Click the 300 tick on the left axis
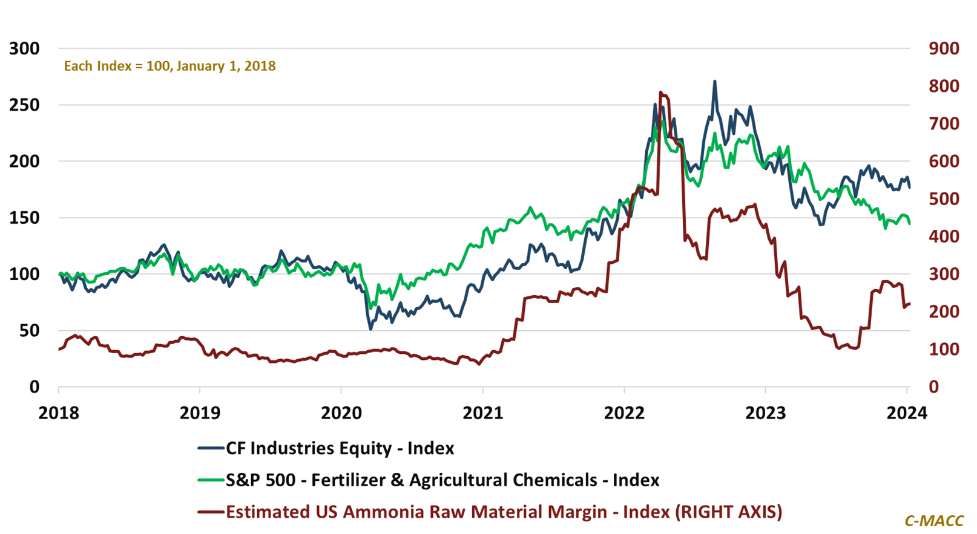[x=24, y=49]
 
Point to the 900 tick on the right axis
[x=944, y=49]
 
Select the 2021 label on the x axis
[x=482, y=413]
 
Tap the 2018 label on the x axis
[x=59, y=413]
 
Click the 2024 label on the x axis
[x=906, y=413]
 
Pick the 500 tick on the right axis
[x=944, y=199]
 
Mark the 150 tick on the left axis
[x=24, y=218]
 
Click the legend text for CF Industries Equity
[x=340, y=448]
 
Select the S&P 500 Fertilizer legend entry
[x=442, y=480]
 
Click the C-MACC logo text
[x=933, y=521]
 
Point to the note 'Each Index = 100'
[x=169, y=66]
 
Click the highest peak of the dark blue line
[x=715, y=81]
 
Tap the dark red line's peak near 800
[x=660, y=93]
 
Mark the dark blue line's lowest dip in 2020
[x=371, y=328]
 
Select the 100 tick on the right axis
[x=944, y=350]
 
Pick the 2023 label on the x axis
[x=765, y=413]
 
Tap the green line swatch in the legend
[x=211, y=480]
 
